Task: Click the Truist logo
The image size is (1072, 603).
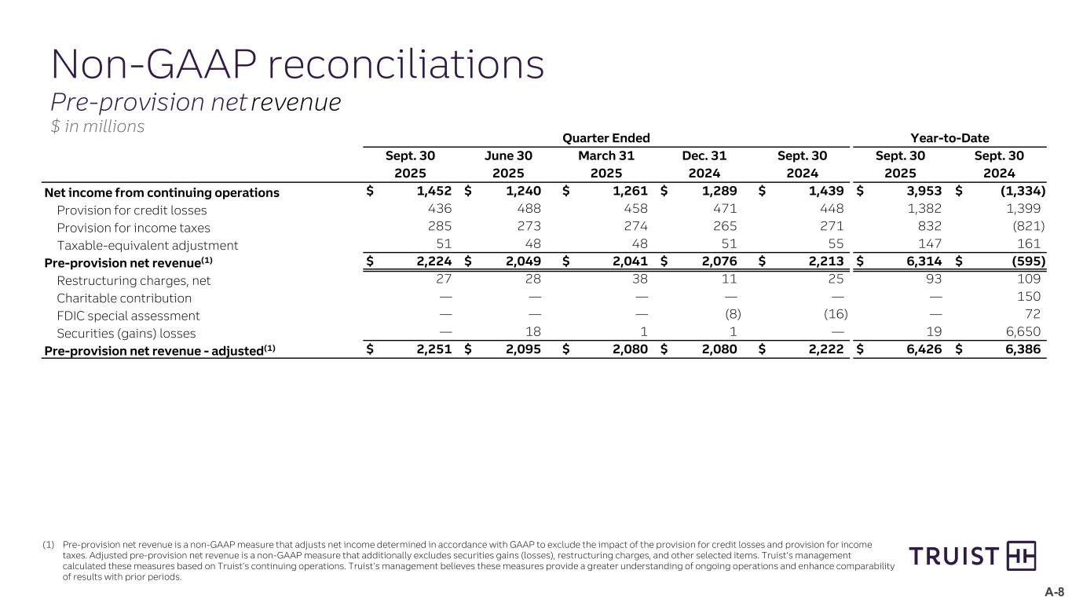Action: tap(972, 557)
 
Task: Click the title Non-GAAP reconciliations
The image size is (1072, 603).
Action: tap(297, 64)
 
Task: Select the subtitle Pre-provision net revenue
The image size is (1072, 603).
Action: tap(196, 102)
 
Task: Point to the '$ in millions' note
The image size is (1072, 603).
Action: tap(97, 126)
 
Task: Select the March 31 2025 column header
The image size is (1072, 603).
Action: tap(606, 164)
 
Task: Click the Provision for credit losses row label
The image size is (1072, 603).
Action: tap(131, 210)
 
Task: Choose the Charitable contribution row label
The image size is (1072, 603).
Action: tap(124, 298)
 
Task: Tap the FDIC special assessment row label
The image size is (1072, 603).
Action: tap(128, 316)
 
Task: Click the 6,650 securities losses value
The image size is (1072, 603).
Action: tap(1023, 333)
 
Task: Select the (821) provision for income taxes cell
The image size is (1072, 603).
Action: tap(1025, 228)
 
